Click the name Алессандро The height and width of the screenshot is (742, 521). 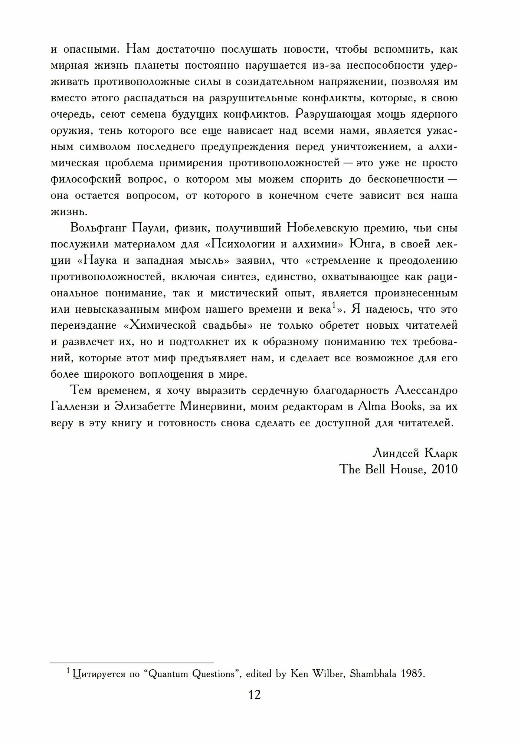pos(426,391)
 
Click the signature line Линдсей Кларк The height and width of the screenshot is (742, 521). pos(415,453)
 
